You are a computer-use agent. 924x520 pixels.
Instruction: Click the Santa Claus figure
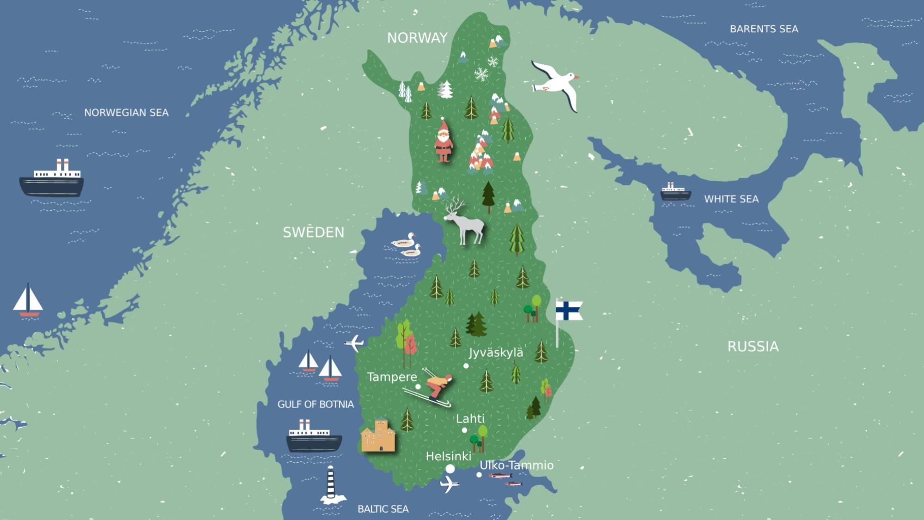444,140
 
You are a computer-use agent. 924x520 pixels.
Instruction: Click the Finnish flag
568,311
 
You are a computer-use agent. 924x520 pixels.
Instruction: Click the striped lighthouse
331,485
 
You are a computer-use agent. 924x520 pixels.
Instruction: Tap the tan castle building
378,436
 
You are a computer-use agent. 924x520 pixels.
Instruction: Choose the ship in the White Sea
675,191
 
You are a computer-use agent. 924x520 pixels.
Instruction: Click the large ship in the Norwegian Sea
52,180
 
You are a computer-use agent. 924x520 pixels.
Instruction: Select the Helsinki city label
448,457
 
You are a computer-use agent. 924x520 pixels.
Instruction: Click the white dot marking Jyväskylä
466,366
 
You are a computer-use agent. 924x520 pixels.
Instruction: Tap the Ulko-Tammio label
517,465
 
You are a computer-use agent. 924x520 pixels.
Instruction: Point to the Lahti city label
470,419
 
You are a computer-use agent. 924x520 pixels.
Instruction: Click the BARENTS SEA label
764,29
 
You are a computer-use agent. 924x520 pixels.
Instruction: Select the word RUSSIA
753,347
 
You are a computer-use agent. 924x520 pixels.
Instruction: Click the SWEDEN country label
314,232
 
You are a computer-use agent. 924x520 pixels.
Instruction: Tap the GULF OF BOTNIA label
316,404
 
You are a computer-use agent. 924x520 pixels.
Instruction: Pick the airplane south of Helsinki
449,484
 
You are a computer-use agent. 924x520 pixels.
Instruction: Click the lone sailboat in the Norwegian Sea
28,301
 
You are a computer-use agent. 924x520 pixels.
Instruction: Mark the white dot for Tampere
418,387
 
